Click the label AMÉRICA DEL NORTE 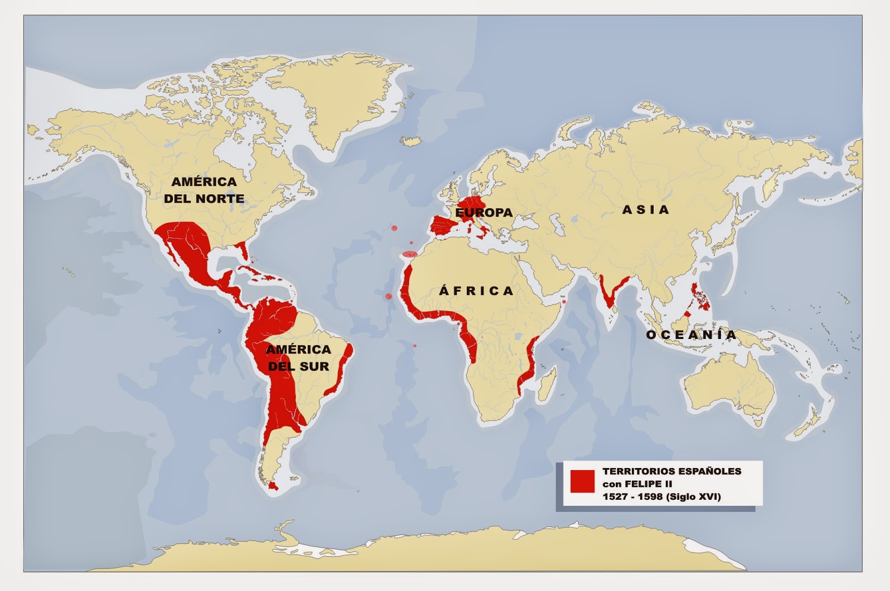click(x=204, y=190)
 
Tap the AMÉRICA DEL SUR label click(x=298, y=358)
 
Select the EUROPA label click(x=484, y=213)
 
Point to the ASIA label click(x=645, y=210)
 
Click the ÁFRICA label click(x=476, y=290)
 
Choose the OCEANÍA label click(x=691, y=334)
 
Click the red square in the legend click(x=582, y=481)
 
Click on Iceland click(x=412, y=141)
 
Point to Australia click(x=729, y=384)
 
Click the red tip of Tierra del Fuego click(x=272, y=486)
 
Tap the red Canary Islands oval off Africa click(x=409, y=254)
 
